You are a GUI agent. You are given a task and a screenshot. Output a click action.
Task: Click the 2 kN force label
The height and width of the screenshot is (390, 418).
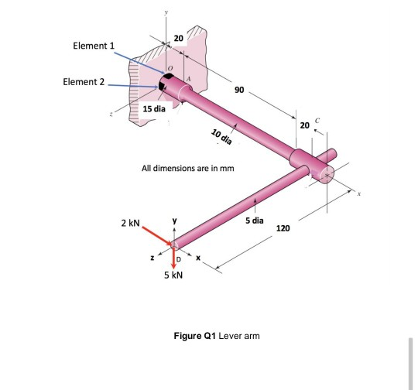click(129, 223)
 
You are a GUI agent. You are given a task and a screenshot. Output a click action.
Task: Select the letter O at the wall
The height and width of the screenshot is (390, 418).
click(171, 69)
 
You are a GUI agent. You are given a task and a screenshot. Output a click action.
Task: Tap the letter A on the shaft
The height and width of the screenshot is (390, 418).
click(190, 80)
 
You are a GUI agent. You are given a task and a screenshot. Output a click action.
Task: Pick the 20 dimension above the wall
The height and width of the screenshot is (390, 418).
click(178, 38)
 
